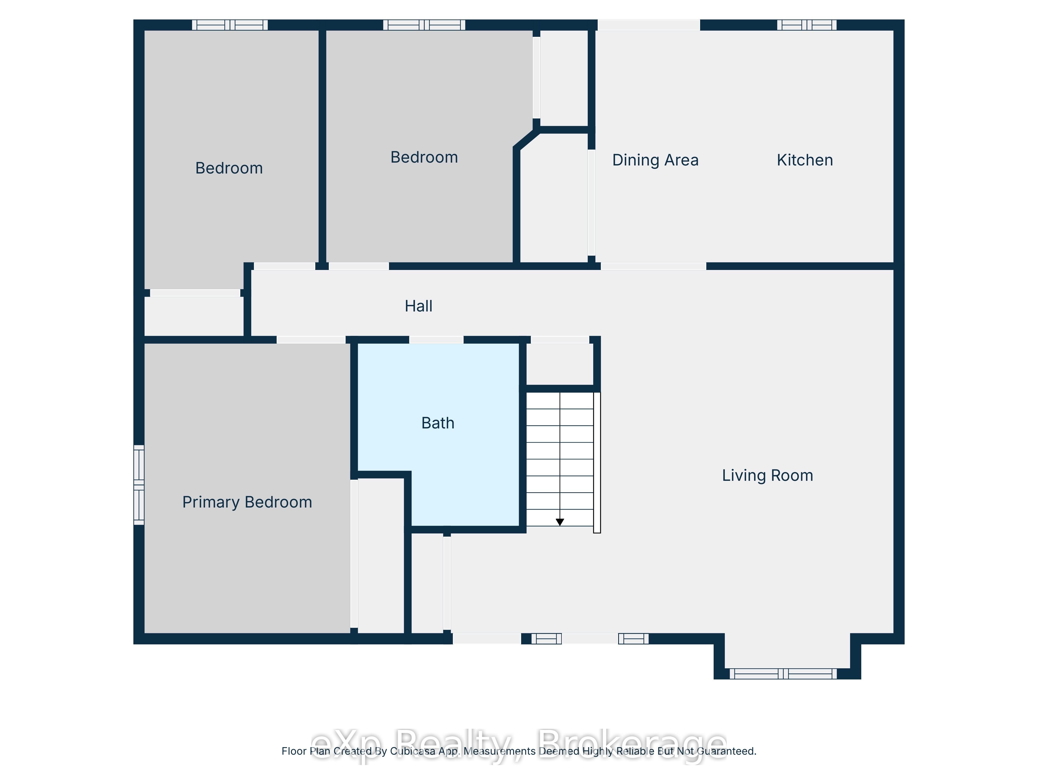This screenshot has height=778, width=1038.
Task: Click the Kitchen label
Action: pyautogui.click(x=805, y=160)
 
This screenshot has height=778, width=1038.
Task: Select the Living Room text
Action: pyautogui.click(x=767, y=476)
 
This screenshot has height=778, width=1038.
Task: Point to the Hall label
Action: pyautogui.click(x=419, y=306)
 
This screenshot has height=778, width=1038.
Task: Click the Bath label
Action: pyautogui.click(x=438, y=423)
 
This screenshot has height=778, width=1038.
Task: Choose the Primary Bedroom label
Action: pyautogui.click(x=247, y=502)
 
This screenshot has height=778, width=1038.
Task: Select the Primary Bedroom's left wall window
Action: pyautogui.click(x=139, y=485)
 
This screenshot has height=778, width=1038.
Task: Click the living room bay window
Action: pyautogui.click(x=783, y=674)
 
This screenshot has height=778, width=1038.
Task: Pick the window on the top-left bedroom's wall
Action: pyautogui.click(x=230, y=25)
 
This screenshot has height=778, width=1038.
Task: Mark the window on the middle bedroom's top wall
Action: pyautogui.click(x=424, y=25)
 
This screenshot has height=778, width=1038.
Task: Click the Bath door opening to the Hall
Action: pyautogui.click(x=436, y=339)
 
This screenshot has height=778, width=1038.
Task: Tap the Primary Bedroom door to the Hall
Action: pyautogui.click(x=311, y=339)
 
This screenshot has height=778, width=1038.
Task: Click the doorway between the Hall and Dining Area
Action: pyautogui.click(x=654, y=266)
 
